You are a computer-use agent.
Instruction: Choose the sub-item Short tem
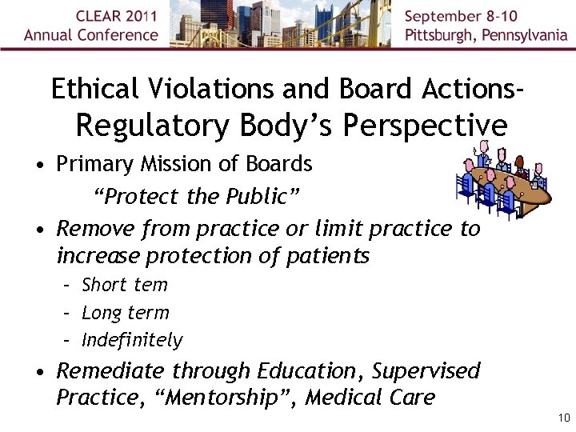[x=125, y=285]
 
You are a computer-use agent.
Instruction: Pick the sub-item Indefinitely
[x=132, y=340]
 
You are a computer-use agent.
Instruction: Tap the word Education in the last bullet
[x=306, y=371]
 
